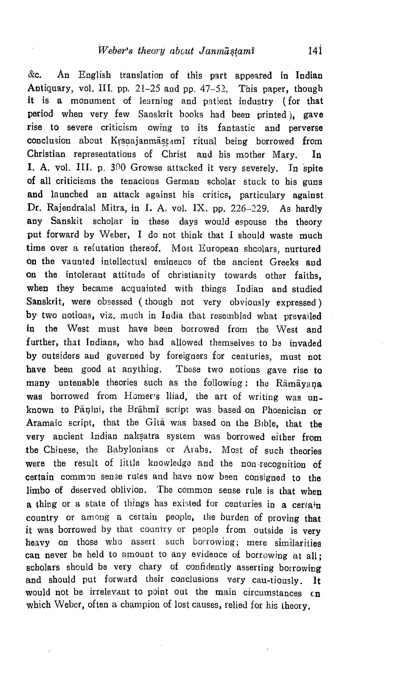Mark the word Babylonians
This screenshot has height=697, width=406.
(x=132, y=450)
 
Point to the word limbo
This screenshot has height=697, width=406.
(x=38, y=490)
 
